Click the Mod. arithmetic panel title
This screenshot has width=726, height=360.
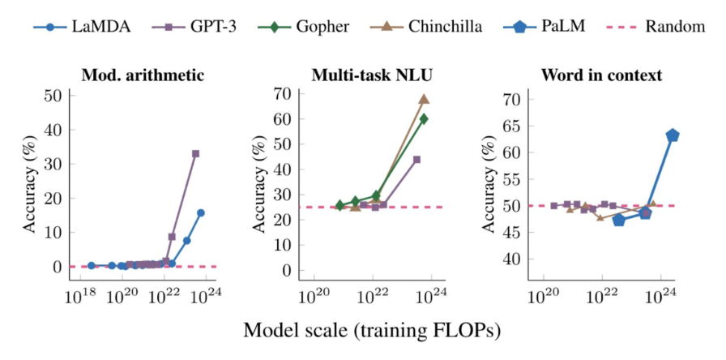tap(143, 76)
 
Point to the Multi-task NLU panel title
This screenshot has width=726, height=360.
tap(371, 76)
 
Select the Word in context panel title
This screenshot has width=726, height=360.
tap(601, 76)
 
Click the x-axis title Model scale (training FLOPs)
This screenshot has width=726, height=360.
tap(372, 331)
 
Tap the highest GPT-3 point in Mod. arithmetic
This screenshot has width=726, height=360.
tap(195, 153)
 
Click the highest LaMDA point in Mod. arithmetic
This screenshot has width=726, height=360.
tap(201, 212)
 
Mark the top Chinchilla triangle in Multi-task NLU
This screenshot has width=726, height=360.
tap(424, 99)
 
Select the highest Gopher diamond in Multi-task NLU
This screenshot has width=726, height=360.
tap(424, 118)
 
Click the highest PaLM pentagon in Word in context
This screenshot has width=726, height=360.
tap(673, 135)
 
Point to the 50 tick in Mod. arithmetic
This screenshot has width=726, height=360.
tap(53, 96)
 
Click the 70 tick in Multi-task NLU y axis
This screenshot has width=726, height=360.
tap(283, 94)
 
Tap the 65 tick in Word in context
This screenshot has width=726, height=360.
tap(512, 126)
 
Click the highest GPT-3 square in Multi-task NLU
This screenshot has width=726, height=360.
tap(416, 159)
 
